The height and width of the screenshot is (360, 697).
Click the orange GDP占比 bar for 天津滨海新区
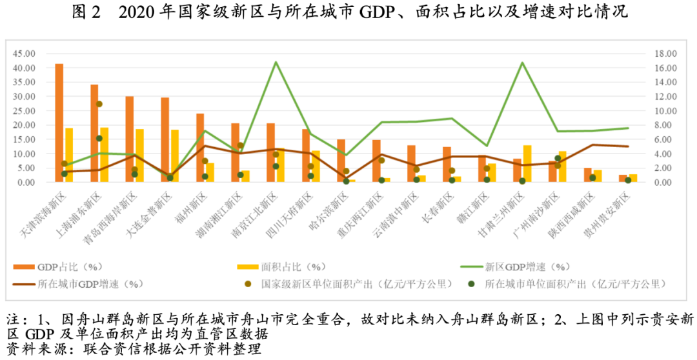click(59, 123)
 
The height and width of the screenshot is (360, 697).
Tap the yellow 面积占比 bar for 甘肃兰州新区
click(527, 164)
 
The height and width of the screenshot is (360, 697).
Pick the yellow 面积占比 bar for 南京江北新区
click(280, 165)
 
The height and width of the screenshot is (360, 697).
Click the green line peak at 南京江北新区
click(276, 62)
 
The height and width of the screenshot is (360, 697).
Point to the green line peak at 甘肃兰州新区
click(521, 63)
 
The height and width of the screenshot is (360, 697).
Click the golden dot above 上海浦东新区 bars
click(99, 104)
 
